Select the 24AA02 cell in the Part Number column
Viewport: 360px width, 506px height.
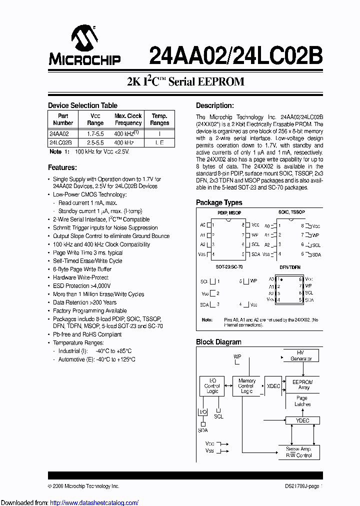59,134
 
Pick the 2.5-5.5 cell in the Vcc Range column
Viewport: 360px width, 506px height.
95,142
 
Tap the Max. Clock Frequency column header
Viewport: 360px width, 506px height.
128,119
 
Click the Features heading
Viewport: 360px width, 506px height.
62,167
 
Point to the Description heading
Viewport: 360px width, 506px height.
214,105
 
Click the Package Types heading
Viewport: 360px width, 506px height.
219,202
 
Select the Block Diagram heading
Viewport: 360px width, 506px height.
218,342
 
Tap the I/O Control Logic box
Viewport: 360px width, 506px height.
212,386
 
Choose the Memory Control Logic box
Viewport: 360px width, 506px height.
246,386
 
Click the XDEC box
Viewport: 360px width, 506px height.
273,386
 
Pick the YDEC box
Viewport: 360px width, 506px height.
302,420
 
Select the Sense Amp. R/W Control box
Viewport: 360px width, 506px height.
299,452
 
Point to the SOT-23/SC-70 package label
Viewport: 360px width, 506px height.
229,267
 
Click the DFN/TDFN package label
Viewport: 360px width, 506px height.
290,267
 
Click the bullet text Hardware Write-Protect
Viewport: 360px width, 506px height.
80,277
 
